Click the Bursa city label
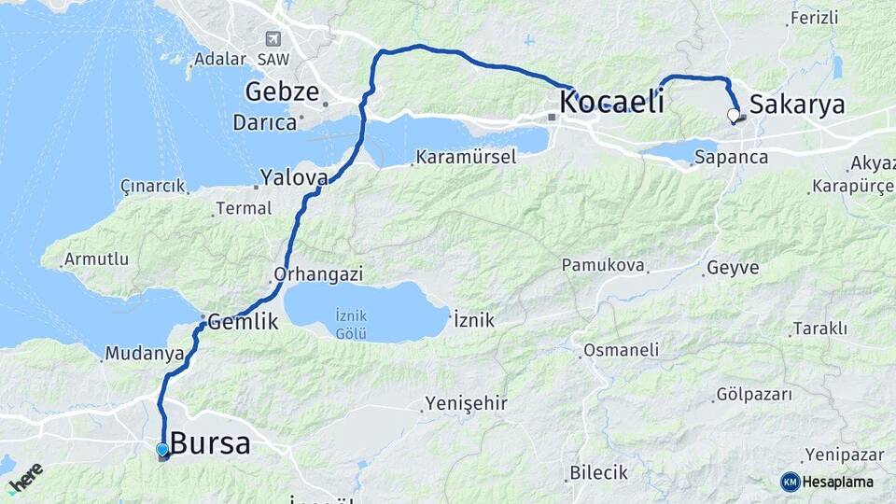(x=210, y=443)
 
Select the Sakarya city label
(x=797, y=104)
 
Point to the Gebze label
(x=282, y=91)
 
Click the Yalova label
(x=294, y=177)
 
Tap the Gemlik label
(x=243, y=322)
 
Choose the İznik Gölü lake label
(x=351, y=326)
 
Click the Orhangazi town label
(x=317, y=275)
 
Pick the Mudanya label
(x=145, y=354)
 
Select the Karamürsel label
(x=466, y=157)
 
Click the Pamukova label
(x=603, y=266)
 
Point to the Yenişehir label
(x=466, y=403)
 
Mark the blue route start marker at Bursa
(x=162, y=450)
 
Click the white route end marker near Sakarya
(x=733, y=116)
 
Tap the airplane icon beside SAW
(x=273, y=39)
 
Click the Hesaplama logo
(x=828, y=482)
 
